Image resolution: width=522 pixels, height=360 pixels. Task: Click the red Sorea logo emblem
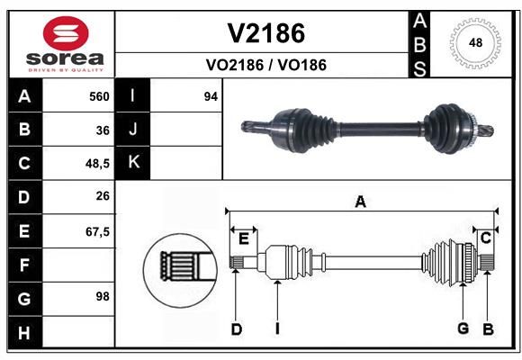click(66, 33)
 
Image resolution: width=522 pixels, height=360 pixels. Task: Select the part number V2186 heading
click(266, 33)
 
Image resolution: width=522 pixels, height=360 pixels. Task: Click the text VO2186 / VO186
click(266, 65)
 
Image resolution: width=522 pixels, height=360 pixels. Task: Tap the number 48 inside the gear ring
click(475, 42)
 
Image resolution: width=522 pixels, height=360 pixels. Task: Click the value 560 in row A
click(99, 96)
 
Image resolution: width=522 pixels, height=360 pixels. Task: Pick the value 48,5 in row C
click(97, 164)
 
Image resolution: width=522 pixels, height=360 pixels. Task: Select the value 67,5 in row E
click(97, 231)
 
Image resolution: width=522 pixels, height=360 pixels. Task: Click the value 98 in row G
click(103, 296)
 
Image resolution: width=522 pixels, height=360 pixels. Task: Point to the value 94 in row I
click(211, 96)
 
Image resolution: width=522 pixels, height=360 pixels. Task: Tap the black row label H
click(25, 332)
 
